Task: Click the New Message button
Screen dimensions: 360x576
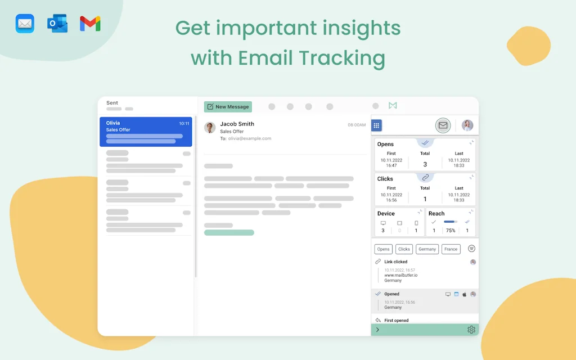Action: [x=228, y=107]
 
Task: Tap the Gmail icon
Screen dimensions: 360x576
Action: [x=90, y=24]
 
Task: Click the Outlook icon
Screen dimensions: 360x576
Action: [x=57, y=24]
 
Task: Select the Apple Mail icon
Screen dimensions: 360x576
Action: [x=25, y=24]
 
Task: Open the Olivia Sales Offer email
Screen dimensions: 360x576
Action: [x=146, y=132]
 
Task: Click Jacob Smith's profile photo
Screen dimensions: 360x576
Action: [x=210, y=128]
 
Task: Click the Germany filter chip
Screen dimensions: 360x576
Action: [x=427, y=249]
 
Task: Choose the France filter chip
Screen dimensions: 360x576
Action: [x=451, y=249]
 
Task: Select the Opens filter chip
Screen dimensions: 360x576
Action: [x=383, y=249]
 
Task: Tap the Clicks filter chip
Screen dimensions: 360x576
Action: [x=404, y=249]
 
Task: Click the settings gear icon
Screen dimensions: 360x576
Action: [x=471, y=330]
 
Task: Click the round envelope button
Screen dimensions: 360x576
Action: [x=443, y=125]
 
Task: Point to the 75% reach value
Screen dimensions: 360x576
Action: [x=451, y=231]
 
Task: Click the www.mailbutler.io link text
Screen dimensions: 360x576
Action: [x=401, y=275]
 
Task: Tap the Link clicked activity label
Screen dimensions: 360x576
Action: [x=396, y=262]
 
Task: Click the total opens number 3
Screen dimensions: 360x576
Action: [x=425, y=164]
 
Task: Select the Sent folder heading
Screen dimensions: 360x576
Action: [x=112, y=103]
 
